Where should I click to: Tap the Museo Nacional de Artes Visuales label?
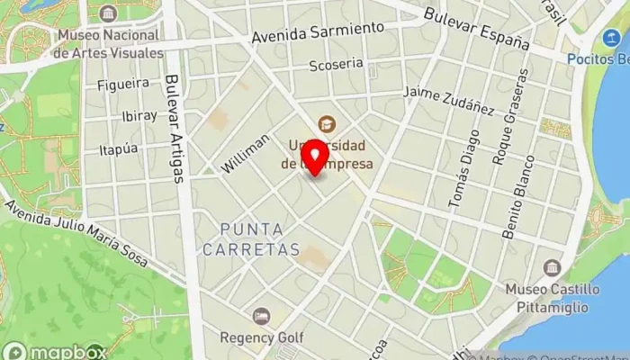(x=109, y=44)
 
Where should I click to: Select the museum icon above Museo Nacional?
(x=109, y=13)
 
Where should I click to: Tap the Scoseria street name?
(x=336, y=65)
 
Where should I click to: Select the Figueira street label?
(x=123, y=84)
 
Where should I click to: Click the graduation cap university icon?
(x=325, y=123)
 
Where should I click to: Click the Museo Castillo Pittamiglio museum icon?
(x=552, y=268)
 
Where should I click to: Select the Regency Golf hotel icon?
(x=261, y=316)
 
